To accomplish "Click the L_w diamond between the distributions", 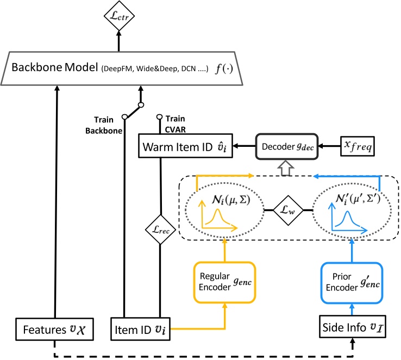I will (x=288, y=209).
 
